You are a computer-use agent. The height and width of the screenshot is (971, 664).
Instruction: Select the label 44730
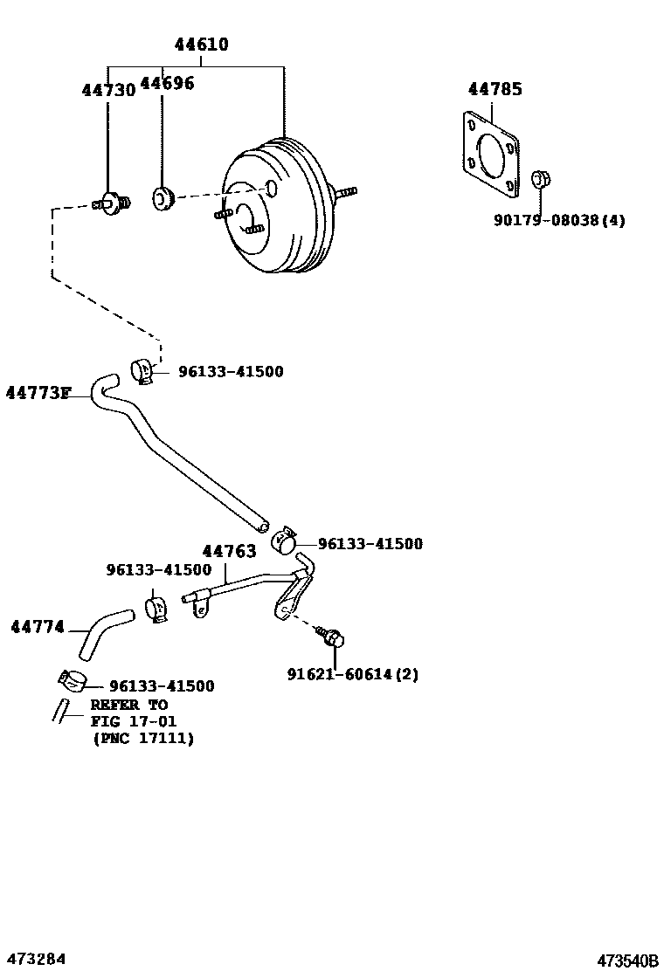tap(108, 90)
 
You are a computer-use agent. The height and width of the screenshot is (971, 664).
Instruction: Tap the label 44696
tap(167, 83)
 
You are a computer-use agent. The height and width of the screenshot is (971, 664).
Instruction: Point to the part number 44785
tap(495, 89)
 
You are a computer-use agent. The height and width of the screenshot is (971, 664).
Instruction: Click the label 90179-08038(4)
tap(559, 221)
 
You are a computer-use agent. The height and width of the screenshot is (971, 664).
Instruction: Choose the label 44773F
tap(38, 393)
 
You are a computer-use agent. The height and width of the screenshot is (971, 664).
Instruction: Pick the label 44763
tap(229, 551)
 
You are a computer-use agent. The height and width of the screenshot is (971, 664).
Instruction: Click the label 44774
tap(37, 627)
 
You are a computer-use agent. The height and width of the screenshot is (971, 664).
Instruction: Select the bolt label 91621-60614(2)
tap(352, 674)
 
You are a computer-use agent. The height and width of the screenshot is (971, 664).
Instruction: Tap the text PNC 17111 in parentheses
tap(143, 739)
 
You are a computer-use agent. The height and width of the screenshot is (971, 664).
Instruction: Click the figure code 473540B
tap(626, 961)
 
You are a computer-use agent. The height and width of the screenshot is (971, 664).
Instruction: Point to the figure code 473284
tap(36, 959)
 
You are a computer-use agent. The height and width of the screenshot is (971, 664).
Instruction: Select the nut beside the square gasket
tap(540, 180)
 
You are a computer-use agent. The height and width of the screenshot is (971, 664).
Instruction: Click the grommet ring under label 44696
tap(163, 198)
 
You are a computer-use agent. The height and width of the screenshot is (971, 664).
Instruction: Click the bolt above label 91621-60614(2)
tap(331, 636)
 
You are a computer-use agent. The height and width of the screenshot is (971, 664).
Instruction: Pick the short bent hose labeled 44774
tap(102, 637)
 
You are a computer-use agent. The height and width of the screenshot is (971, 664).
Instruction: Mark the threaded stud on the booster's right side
tap(346, 191)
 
